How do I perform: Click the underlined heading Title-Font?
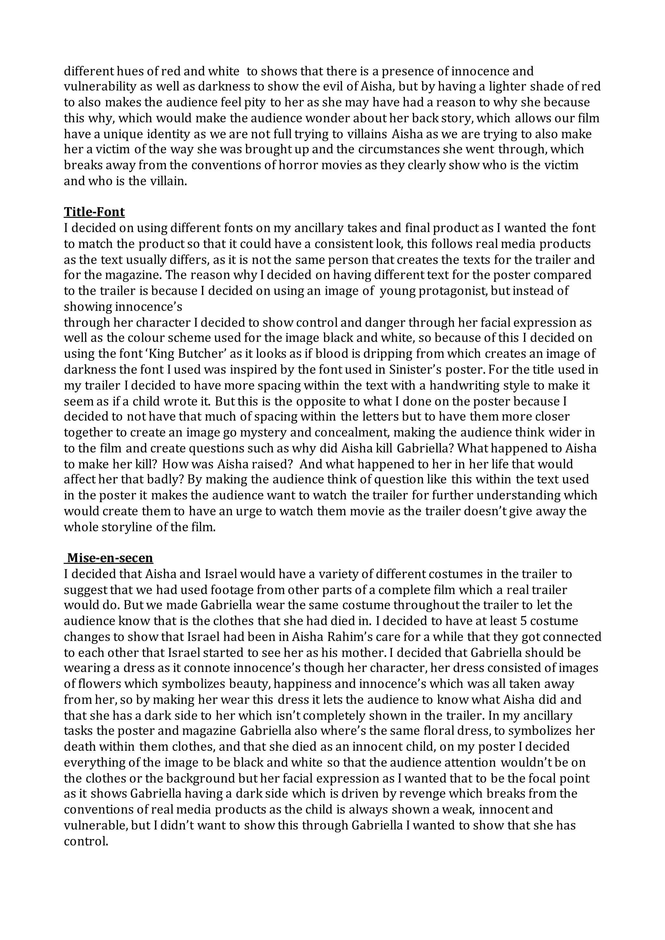tap(94, 212)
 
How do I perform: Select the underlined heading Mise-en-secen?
tap(110, 558)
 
